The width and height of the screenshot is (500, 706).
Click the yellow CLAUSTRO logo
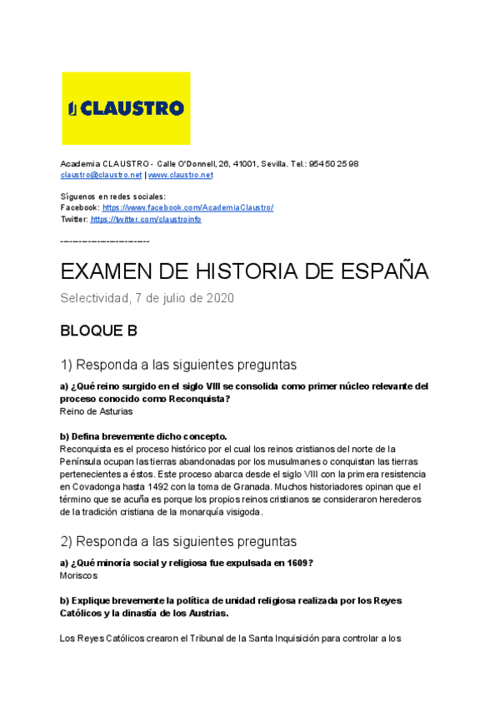point(126,108)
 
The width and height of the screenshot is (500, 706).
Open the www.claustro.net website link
point(180,176)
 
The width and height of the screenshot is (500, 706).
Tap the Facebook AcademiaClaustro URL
point(187,207)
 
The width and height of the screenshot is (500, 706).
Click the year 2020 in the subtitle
point(219,298)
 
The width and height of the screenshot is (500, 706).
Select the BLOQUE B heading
point(98,331)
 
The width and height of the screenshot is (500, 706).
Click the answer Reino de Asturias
point(97,411)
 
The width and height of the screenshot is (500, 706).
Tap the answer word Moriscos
point(79,575)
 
